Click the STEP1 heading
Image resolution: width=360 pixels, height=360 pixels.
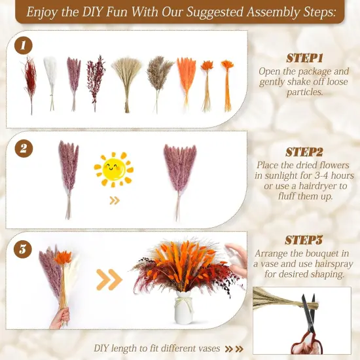point(304,58)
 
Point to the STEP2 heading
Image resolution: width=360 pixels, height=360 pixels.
point(305,152)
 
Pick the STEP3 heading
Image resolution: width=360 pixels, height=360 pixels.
point(305,240)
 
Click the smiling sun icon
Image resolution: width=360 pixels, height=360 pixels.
point(113,170)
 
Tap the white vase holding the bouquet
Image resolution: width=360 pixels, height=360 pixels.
point(183,307)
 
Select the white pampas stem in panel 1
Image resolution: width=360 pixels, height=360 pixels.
point(50,81)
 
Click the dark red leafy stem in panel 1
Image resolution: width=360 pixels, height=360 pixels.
point(96,81)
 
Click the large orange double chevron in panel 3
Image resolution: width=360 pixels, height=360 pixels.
point(109,280)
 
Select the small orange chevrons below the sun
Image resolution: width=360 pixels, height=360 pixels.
point(115,200)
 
